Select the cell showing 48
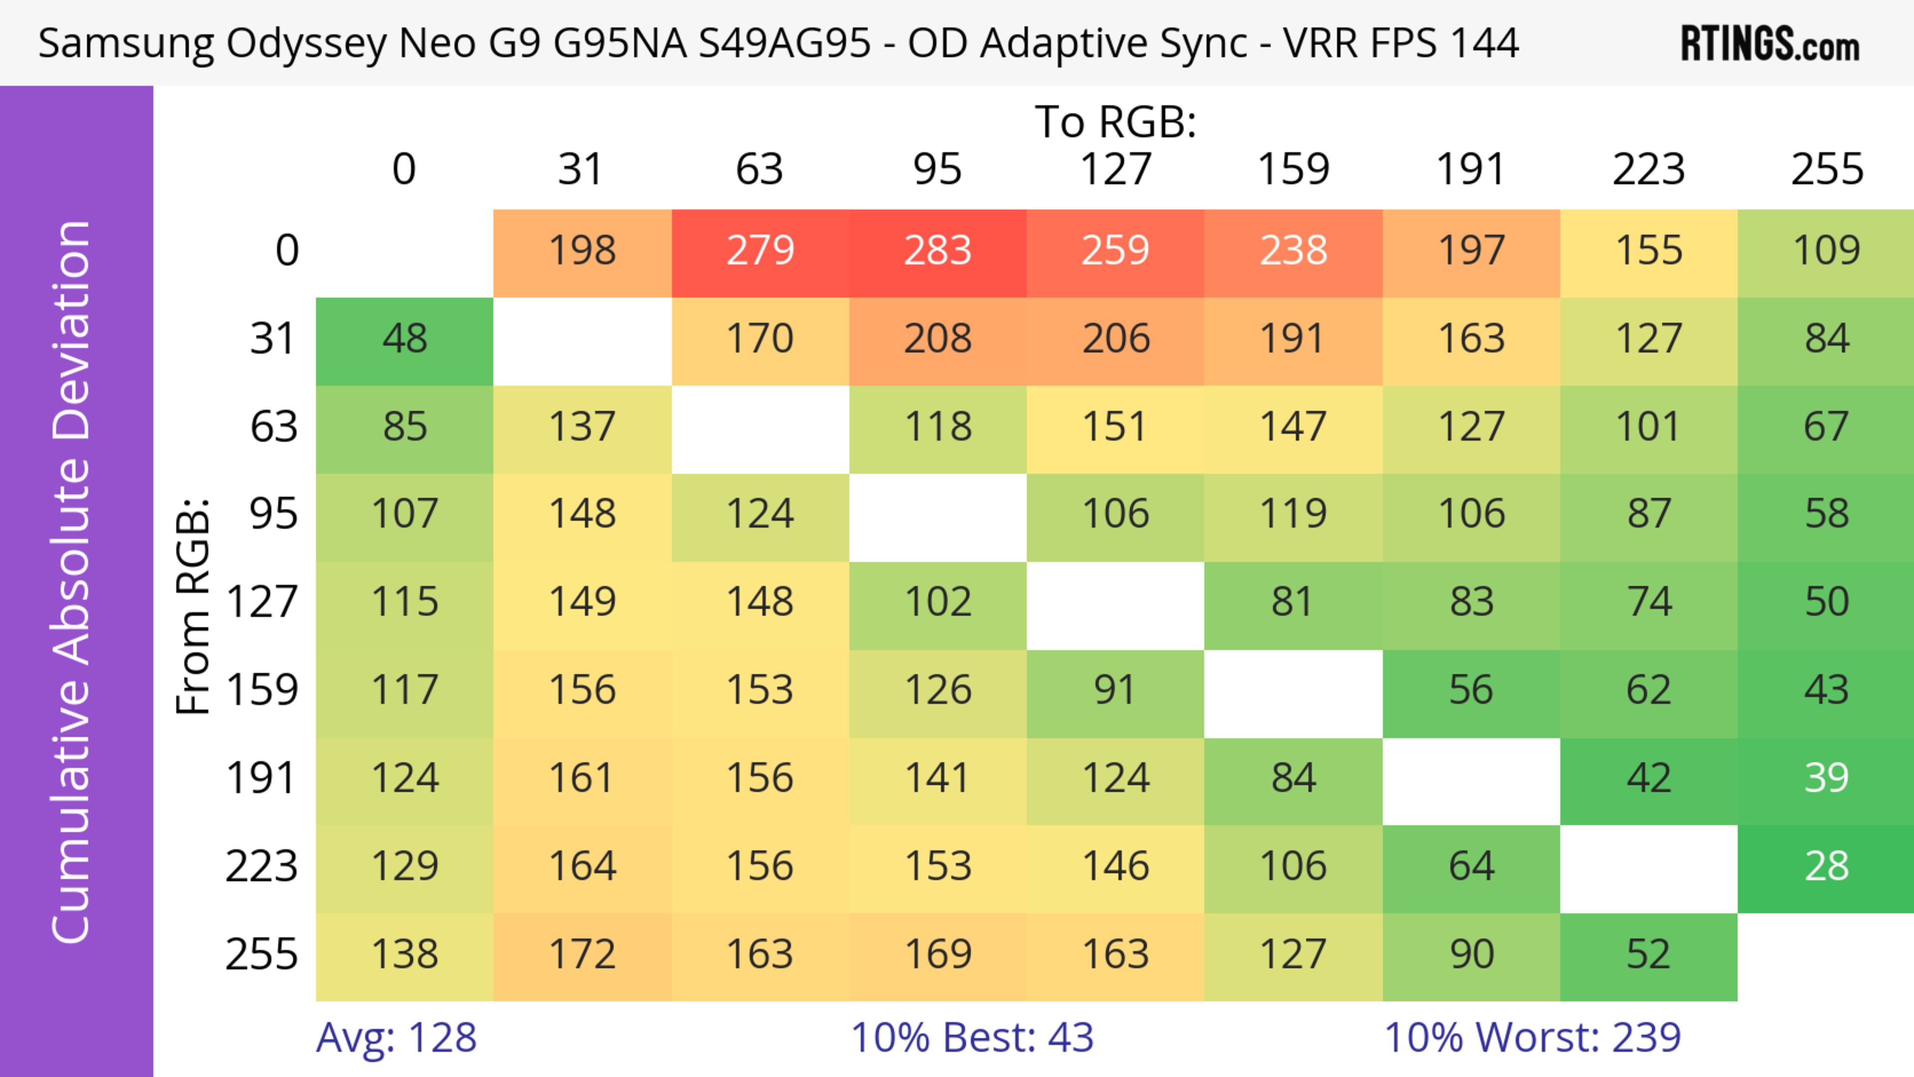click(x=404, y=339)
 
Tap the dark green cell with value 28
click(x=1826, y=867)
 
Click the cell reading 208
click(x=938, y=339)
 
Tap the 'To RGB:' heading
click(x=1116, y=121)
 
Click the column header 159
click(x=1293, y=169)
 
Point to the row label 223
click(x=262, y=867)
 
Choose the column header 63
click(x=759, y=169)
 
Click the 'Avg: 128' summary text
click(x=396, y=1038)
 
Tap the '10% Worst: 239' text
click(x=1532, y=1038)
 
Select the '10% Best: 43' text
click(x=972, y=1038)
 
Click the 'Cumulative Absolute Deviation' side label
click(x=72, y=582)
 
